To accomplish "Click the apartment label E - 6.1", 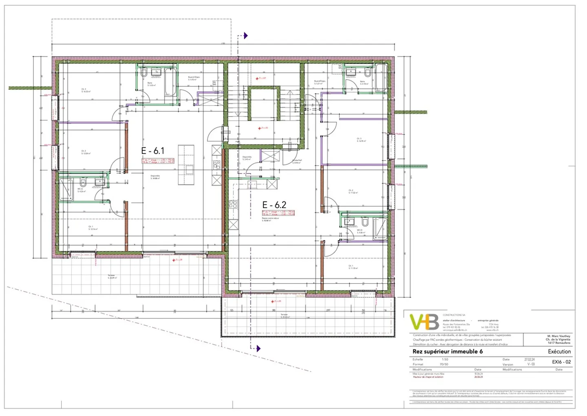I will [152, 150].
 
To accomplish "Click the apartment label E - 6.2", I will [274, 205].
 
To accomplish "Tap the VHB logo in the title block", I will [424, 322].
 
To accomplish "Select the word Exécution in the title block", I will [559, 352].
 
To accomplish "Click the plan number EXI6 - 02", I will [561, 362].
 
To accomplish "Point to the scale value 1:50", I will [444, 359].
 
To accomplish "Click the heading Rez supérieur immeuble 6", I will [447, 352].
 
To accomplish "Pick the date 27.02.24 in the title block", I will [529, 359].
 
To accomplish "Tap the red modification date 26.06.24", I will [478, 377].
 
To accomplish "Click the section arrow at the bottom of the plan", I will [258, 349].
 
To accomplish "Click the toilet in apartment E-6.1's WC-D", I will [83, 182].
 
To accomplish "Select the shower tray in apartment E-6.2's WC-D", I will [380, 229].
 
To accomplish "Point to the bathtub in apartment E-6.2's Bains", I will [381, 77].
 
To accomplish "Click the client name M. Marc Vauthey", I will [558, 336].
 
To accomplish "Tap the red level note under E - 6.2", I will [278, 213].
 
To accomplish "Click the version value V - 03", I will [531, 364].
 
